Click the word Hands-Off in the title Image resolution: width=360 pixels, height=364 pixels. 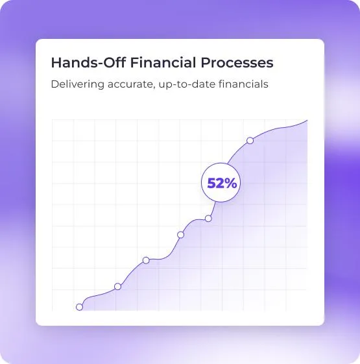[x=88, y=63]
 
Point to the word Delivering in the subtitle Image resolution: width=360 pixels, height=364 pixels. [x=78, y=84]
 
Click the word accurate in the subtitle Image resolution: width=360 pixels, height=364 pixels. [x=131, y=84]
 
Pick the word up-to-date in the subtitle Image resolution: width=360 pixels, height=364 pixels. [x=187, y=85]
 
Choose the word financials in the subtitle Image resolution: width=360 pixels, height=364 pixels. [x=243, y=84]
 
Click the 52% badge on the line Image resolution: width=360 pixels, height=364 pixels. [x=221, y=182]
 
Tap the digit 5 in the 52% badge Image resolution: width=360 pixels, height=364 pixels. [x=211, y=183]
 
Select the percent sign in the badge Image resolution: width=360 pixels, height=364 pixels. [x=230, y=183]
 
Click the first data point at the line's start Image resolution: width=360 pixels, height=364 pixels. [x=79, y=307]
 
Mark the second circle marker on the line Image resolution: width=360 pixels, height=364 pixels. [x=117, y=287]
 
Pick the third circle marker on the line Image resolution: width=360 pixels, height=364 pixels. [x=146, y=260]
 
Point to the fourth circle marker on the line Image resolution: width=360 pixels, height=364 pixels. [x=180, y=235]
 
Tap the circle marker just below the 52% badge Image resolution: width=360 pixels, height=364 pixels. [x=208, y=219]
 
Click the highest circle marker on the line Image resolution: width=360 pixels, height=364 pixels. [x=250, y=140]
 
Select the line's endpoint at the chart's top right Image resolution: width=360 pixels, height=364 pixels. [x=307, y=120]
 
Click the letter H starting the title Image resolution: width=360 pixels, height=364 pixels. [x=56, y=63]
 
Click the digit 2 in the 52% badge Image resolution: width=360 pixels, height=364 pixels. [x=220, y=183]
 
